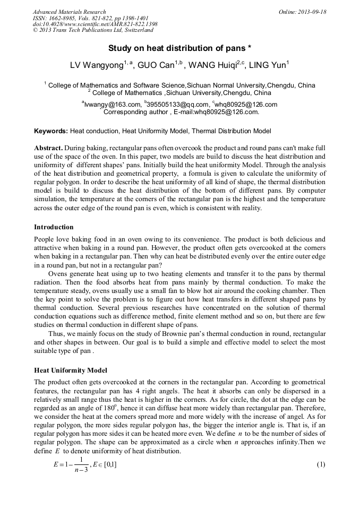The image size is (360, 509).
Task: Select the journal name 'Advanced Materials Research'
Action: pos(69,12)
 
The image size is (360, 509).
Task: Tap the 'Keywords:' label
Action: pos(51,131)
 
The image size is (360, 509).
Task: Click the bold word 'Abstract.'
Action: pos(48,148)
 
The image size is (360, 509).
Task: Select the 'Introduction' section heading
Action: pos(54,227)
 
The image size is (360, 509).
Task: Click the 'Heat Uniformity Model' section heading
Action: pos(71,370)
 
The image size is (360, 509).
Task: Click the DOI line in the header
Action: pos(95,24)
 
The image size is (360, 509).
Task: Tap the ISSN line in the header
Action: pos(91,18)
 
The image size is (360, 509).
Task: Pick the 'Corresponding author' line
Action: pos(181,112)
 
